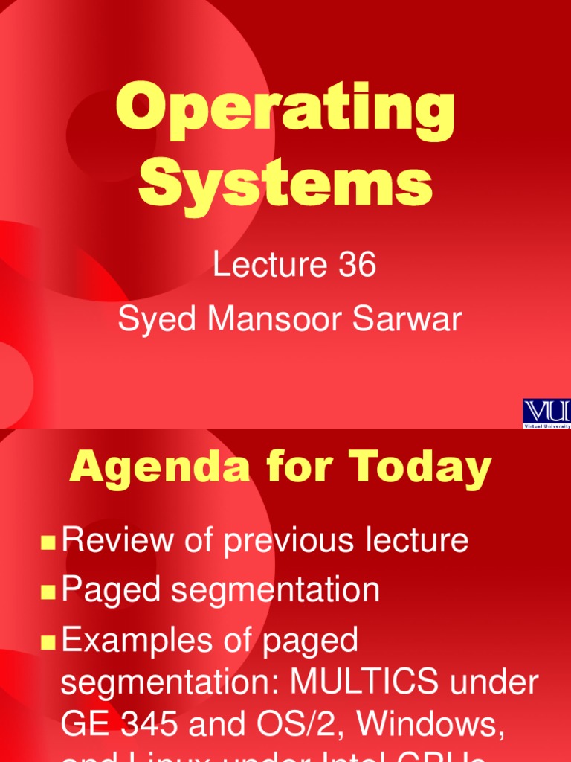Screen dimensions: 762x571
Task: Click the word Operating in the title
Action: (285, 113)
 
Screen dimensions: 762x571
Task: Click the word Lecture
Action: (265, 266)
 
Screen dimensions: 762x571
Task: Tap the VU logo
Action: (547, 412)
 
